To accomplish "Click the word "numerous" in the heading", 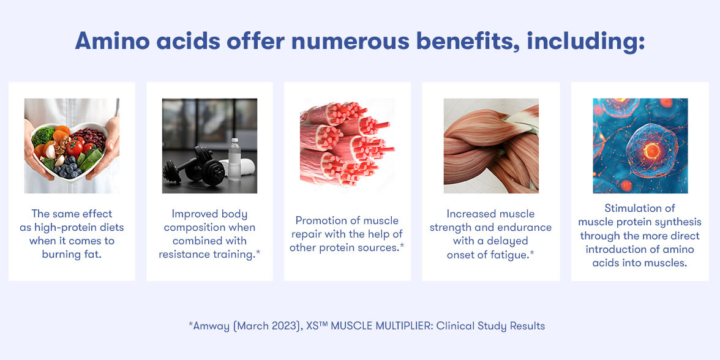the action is pos(350,42).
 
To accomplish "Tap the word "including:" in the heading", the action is pos(586,42).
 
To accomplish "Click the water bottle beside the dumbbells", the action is pos(234,159).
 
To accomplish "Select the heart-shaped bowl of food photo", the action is pos(72,146).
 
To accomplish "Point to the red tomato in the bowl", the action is pos(73,148).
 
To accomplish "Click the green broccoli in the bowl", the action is pos(43,136).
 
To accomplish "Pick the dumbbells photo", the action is pos(209,146).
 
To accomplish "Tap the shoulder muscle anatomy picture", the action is pos(491,146).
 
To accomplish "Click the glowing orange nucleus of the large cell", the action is pos(651,150).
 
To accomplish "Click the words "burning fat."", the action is pos(72,254).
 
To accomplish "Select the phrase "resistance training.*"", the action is pos(209,254).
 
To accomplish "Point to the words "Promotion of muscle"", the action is pos(347,220).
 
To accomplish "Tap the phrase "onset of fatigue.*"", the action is pos(491,254).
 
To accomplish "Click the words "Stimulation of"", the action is pos(640,208).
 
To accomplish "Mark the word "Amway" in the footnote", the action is pos(210,326).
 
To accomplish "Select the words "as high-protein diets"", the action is pos(72,227).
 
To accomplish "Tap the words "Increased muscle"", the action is pos(491,214).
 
